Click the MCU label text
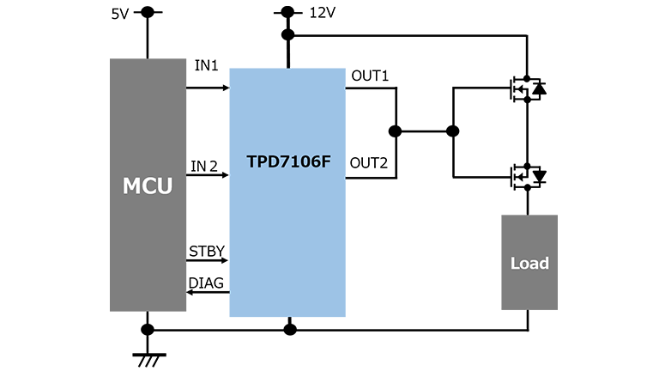click(148, 185)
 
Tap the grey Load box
click(529, 262)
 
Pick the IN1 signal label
click(207, 66)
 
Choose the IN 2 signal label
click(206, 166)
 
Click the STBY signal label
click(207, 252)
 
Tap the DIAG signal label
click(208, 283)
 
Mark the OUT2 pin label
click(370, 163)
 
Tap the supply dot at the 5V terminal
click(148, 12)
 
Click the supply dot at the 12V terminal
click(288, 12)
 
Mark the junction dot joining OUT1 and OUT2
click(395, 132)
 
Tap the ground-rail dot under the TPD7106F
click(290, 329)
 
